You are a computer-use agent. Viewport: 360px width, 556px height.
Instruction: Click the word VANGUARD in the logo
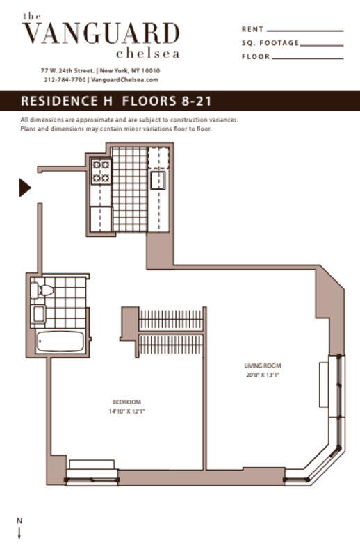[101, 33]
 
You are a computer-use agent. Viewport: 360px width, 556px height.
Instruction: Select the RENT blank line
[305, 31]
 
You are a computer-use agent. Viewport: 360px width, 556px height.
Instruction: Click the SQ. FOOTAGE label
[270, 43]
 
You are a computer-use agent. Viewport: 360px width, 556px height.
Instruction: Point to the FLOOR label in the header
[255, 56]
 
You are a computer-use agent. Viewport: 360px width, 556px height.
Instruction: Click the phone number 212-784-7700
[65, 80]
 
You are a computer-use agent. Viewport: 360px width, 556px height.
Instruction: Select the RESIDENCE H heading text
[68, 101]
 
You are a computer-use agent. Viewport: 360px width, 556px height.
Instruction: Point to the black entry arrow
[24, 187]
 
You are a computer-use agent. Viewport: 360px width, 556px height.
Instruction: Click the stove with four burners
[101, 172]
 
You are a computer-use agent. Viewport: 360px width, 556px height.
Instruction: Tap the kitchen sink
[158, 179]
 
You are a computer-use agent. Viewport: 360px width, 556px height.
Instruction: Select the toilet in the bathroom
[47, 288]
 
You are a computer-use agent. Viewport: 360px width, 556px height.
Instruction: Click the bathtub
[60, 341]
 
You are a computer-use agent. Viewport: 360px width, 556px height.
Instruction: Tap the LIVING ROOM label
[262, 366]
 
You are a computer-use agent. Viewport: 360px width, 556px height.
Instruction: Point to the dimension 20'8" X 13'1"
[262, 375]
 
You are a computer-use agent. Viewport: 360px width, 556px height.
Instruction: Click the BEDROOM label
[126, 402]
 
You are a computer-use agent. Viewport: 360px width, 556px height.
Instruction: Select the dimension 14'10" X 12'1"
[126, 411]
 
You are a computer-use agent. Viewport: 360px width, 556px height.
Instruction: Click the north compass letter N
[19, 521]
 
